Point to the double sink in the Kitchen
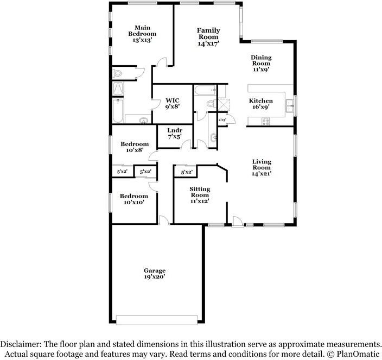click(290, 103)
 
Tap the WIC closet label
click(173, 100)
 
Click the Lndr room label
click(174, 131)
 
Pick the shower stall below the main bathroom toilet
click(117, 89)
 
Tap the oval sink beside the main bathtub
click(143, 120)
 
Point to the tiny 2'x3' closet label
click(222, 119)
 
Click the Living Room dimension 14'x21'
click(262, 174)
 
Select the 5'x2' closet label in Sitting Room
click(186, 172)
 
